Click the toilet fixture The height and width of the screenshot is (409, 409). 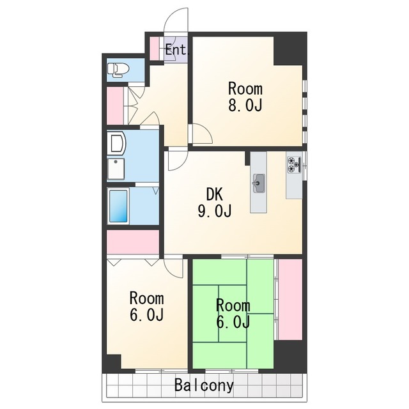[x=118, y=70]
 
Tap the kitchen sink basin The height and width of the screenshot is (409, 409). [x=259, y=183]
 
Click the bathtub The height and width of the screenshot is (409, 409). [x=118, y=206]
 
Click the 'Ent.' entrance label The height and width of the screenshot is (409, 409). [x=176, y=50]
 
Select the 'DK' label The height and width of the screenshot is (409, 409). [x=215, y=194]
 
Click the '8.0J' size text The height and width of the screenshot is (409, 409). [x=245, y=105]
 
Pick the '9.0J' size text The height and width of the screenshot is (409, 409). [x=215, y=211]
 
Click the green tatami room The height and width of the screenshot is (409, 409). [x=233, y=314]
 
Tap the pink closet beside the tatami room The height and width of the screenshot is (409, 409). [x=290, y=300]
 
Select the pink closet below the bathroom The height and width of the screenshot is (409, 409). [x=133, y=242]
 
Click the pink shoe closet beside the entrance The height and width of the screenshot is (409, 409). [x=155, y=48]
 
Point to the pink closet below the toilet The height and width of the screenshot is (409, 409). [x=115, y=105]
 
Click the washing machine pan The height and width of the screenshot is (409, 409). [x=116, y=169]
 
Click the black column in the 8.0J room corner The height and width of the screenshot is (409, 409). [x=290, y=50]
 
